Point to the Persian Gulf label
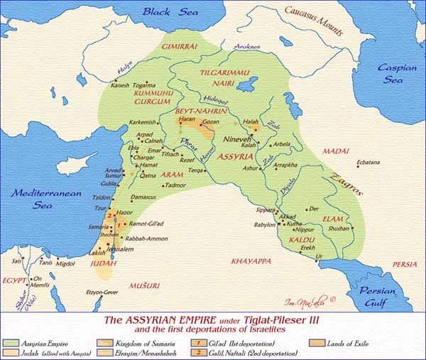[383, 295]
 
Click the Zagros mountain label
[351, 183]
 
